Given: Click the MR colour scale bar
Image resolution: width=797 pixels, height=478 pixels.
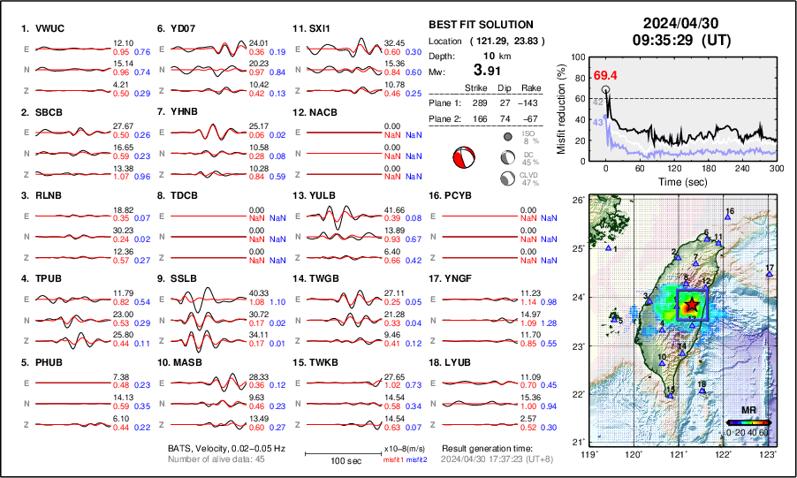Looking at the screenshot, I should (x=748, y=422).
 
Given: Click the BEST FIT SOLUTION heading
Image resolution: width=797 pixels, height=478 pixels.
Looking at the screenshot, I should (x=480, y=25).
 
